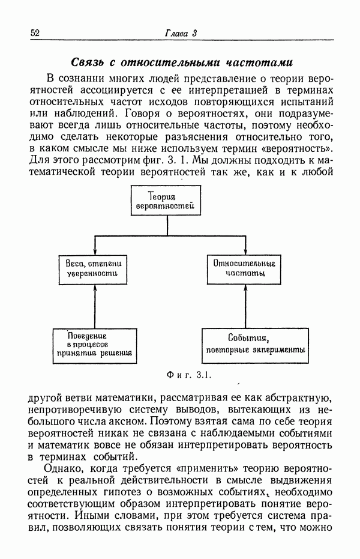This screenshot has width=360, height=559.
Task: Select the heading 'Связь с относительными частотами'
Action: pos(181,62)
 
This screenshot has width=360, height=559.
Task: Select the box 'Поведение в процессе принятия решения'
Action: pos(94,345)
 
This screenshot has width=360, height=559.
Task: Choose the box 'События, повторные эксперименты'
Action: pos(255,345)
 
